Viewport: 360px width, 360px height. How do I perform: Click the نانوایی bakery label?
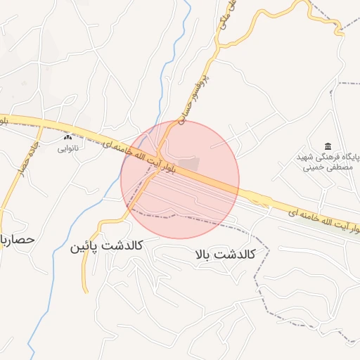click(69, 148)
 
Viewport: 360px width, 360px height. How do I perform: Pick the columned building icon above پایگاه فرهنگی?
click(328, 146)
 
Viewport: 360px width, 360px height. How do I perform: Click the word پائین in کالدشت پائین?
click(85, 247)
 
